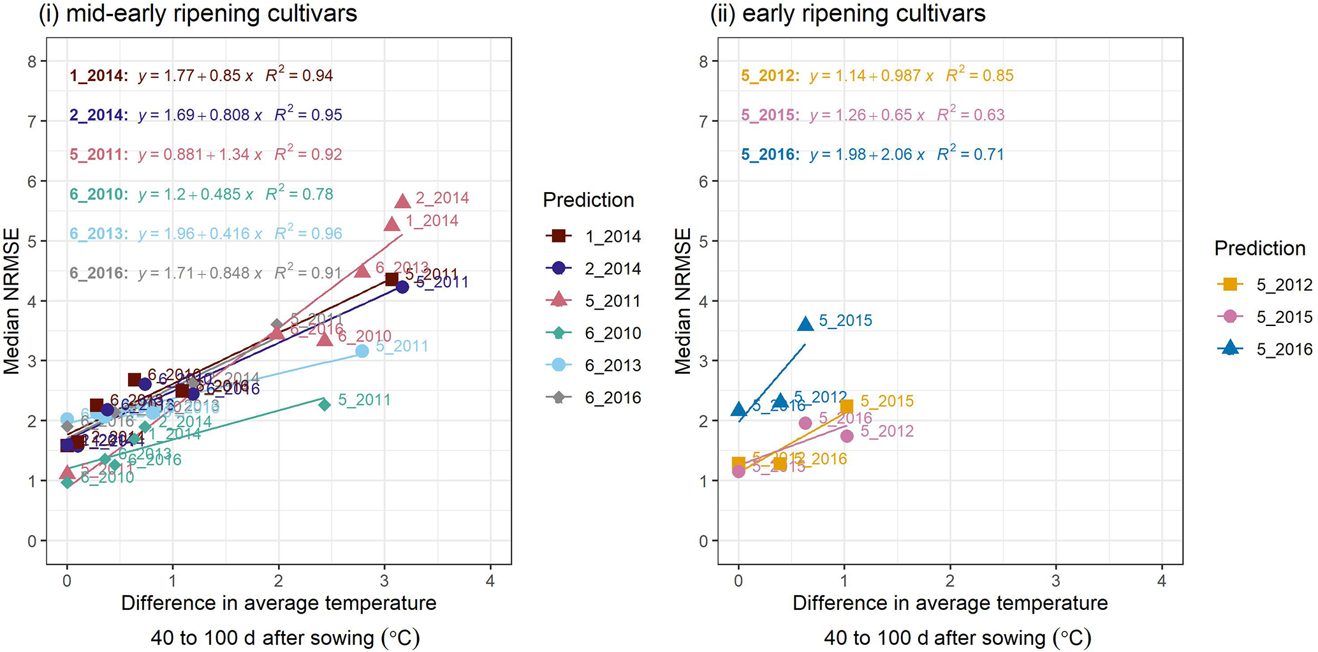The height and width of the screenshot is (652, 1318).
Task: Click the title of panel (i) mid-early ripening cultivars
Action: (x=198, y=13)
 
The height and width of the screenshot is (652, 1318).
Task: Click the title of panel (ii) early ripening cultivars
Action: (x=848, y=13)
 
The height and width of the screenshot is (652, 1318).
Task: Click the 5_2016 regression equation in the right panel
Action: (x=872, y=154)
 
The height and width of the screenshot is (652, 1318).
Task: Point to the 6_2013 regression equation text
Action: (x=205, y=233)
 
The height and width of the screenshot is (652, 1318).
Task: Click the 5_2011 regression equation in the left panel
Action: (x=205, y=154)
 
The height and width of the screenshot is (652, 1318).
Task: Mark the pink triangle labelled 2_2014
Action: (x=402, y=201)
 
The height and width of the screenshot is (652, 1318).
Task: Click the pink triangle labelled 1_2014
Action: (x=392, y=223)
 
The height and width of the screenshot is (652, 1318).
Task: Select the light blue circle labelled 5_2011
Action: (x=362, y=351)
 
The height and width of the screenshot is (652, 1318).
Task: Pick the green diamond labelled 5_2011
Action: (x=324, y=404)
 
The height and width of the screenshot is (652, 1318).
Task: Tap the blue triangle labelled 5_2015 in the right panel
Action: (x=805, y=324)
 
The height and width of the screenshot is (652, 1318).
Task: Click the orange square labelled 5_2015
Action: (x=846, y=406)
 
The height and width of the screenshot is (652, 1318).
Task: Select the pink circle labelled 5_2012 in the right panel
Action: (x=847, y=436)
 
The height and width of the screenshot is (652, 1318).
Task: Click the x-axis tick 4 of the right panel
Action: (x=1162, y=581)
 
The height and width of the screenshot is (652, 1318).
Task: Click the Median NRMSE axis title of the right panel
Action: (x=683, y=301)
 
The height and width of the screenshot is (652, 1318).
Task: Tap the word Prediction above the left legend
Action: (x=588, y=200)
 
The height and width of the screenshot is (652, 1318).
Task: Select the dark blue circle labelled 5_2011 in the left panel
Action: (x=402, y=287)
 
